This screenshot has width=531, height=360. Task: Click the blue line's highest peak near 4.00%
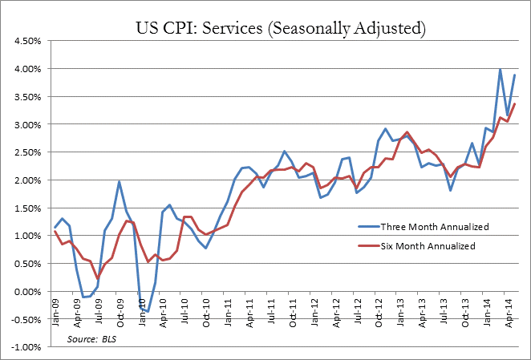(x=500, y=70)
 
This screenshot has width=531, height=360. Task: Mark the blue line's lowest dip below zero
(x=148, y=311)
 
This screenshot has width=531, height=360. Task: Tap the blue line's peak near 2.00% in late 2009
(x=119, y=181)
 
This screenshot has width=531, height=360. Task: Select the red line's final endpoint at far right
(x=514, y=103)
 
